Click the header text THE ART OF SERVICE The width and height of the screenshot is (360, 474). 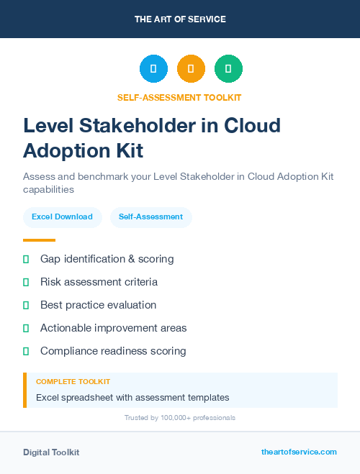tap(180, 19)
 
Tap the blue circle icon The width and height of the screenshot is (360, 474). tap(153, 69)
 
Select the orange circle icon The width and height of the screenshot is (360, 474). tap(191, 69)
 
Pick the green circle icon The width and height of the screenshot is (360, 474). tap(228, 69)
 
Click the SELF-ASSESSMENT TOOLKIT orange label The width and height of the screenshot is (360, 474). tap(179, 97)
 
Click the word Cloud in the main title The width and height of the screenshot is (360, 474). tap(251, 126)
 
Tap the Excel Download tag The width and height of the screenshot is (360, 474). tap(62, 217)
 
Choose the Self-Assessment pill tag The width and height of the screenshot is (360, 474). tap(150, 217)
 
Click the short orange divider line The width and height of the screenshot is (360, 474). tap(39, 240)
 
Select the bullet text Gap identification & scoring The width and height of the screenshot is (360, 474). tap(107, 259)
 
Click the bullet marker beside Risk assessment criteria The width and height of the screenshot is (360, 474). tap(26, 282)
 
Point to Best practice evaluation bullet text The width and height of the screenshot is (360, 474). tap(98, 305)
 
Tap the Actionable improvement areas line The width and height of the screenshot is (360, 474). tap(113, 328)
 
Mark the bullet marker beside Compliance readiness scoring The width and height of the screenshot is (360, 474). tap(26, 351)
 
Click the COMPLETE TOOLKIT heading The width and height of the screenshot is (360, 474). tap(73, 382)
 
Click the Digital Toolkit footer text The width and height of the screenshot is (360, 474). tap(51, 452)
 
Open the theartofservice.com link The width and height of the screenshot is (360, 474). tap(299, 452)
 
